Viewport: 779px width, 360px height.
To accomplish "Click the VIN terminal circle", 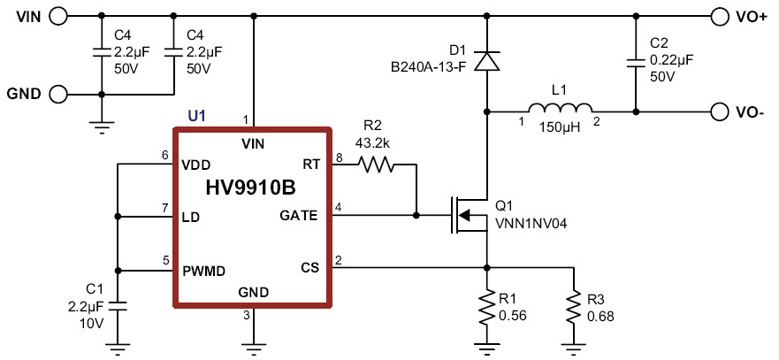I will [58, 15].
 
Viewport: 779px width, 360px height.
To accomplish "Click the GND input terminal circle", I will [58, 94].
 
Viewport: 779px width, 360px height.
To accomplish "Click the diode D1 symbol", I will [485, 61].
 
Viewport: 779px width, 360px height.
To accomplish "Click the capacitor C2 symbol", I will [634, 61].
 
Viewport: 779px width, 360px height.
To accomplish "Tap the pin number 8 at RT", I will [338, 157].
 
